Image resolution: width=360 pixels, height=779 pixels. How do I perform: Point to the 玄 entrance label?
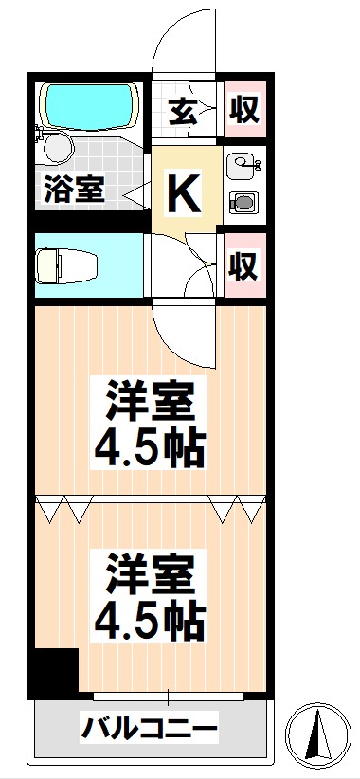point(185,111)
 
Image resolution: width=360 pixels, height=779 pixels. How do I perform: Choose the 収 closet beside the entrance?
point(244,111)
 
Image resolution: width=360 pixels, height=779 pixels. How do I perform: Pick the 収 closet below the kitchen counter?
point(244,266)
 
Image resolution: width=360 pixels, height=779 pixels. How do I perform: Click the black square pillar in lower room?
point(52,674)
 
